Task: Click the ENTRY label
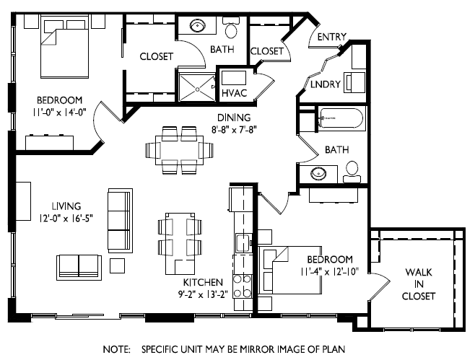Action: point(332,37)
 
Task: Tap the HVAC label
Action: point(234,93)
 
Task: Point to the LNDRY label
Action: point(326,84)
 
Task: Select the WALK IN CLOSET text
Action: point(419,284)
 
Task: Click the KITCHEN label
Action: point(203,282)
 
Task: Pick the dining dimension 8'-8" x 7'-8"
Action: point(234,130)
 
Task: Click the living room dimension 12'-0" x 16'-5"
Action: point(66,218)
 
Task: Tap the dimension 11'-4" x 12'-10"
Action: point(330,271)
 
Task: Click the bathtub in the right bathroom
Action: point(341,118)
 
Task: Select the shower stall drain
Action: point(197,89)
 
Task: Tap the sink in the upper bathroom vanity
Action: point(198,26)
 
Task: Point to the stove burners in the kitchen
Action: point(243,286)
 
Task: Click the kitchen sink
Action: point(243,243)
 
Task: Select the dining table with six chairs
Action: point(180,150)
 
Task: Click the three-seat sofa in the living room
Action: point(121,221)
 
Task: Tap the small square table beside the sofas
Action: point(117,265)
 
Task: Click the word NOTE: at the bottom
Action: point(117,349)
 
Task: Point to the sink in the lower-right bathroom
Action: point(318,174)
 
